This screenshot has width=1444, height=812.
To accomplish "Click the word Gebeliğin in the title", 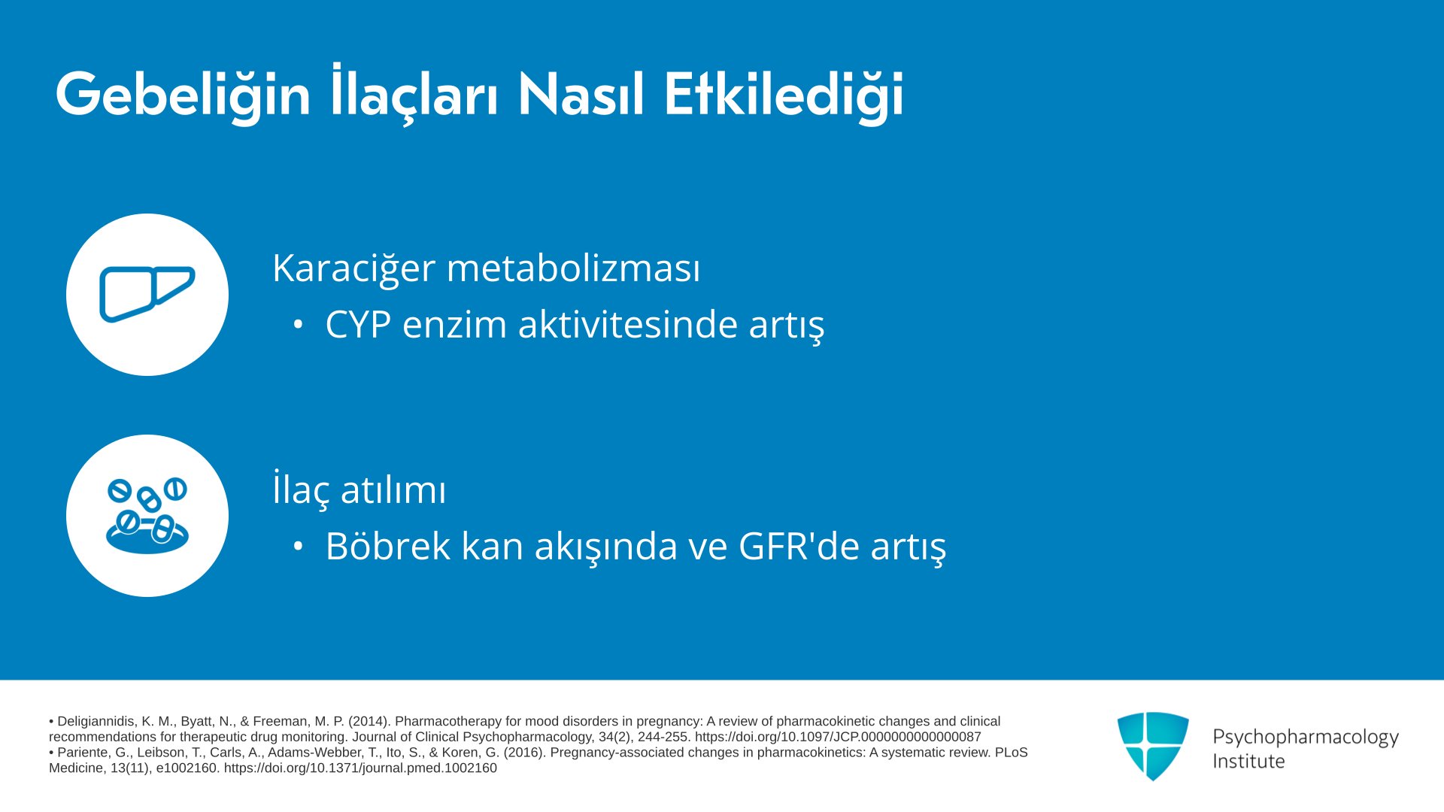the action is click(x=183, y=95).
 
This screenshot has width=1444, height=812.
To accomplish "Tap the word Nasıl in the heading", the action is click(x=581, y=95).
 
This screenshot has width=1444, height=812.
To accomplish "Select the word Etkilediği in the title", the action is click(x=783, y=95).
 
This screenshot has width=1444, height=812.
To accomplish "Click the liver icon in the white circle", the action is click(x=147, y=294).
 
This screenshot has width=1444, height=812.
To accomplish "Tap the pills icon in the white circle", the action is click(x=147, y=516).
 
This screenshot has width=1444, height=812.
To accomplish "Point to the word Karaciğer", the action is click(x=353, y=268).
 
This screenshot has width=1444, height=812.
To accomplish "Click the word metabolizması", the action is click(x=573, y=268).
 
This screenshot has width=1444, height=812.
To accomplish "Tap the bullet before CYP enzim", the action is click(x=298, y=325).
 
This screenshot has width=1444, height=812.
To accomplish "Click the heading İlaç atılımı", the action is click(x=359, y=489).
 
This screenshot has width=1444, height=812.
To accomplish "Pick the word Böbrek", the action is click(x=387, y=546).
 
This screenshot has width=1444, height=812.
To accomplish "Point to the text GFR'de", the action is click(x=799, y=546).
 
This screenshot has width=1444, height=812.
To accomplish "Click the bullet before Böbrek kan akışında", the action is click(x=298, y=547).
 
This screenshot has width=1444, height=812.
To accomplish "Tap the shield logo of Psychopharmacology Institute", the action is click(x=1153, y=746).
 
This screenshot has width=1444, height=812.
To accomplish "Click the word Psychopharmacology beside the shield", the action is click(x=1306, y=738).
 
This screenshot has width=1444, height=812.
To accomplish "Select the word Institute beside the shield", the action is click(x=1248, y=761).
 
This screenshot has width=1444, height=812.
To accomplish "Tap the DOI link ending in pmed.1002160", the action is click(x=360, y=768).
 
